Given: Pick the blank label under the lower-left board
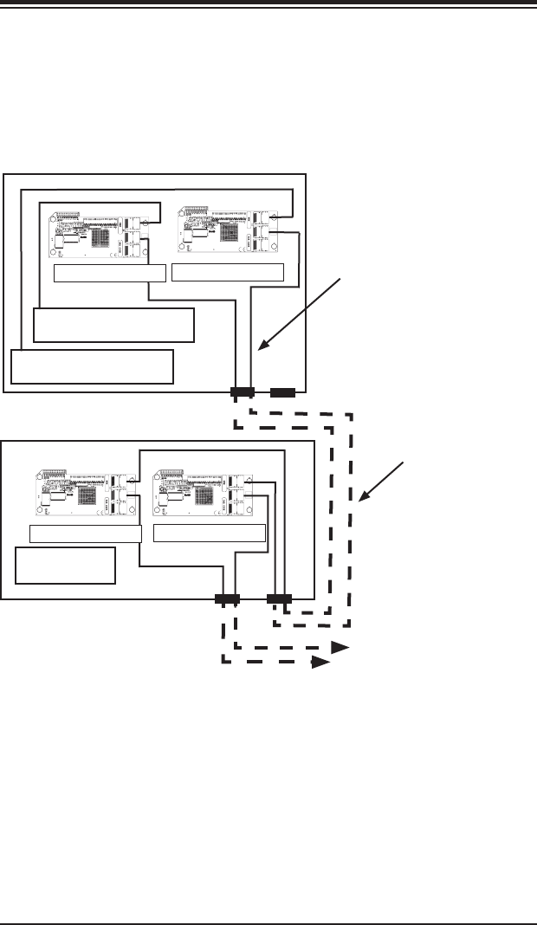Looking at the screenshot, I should click(85, 533).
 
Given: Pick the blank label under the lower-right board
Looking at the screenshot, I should click(209, 533).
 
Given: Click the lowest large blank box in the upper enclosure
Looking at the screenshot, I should click(93, 366).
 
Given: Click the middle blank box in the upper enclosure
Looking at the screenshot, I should click(113, 324).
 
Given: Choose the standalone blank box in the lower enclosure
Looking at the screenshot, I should click(66, 566).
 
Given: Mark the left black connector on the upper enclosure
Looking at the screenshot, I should click(242, 392).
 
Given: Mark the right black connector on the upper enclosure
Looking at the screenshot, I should click(282, 392).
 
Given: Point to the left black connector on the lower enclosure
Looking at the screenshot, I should click(227, 598).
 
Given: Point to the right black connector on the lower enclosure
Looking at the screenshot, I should click(279, 598).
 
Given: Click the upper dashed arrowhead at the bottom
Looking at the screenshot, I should click(340, 647).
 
